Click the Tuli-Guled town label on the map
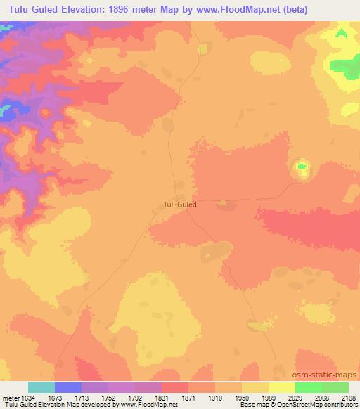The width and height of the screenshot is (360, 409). pos(175,205)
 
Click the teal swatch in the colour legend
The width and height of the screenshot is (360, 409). pos(41,387)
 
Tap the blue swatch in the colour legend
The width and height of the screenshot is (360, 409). pos(68,387)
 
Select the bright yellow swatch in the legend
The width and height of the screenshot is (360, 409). pos(281,387)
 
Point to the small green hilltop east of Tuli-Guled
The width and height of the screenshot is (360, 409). pos(302,167)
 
